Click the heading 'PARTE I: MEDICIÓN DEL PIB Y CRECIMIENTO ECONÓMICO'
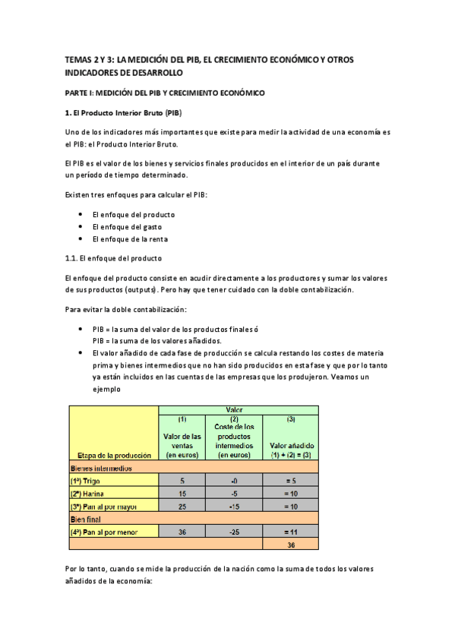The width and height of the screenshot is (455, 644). point(165,93)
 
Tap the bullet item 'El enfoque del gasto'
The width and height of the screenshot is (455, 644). point(127,226)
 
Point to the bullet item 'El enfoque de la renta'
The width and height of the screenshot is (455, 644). point(130,239)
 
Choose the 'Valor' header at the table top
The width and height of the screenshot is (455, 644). point(235,409)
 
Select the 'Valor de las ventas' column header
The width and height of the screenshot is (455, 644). point(182,445)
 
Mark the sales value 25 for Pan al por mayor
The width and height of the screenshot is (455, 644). point(182,506)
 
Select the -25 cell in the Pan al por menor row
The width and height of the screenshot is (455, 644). point(233,532)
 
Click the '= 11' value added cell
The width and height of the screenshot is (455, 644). point(291,532)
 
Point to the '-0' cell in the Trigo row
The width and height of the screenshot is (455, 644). point(233,481)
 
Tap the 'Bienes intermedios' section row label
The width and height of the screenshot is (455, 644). point(101,468)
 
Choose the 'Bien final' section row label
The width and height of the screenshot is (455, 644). point(87,519)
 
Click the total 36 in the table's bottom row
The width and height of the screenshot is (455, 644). point(291,545)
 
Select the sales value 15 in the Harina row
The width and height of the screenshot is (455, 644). point(182,493)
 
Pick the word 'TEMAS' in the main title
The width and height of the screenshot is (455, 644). point(77,59)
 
